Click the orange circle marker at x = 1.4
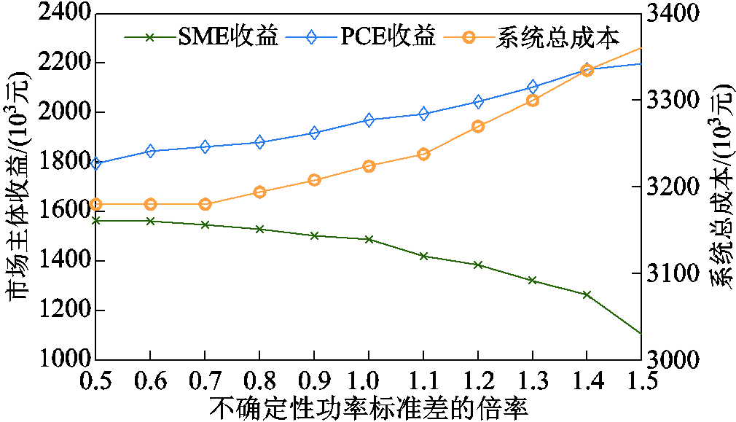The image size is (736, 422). point(587,71)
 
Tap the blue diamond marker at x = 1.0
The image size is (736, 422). point(369,120)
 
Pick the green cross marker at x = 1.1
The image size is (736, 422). point(423,256)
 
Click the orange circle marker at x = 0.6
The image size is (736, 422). point(151,204)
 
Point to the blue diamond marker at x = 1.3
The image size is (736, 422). point(532,87)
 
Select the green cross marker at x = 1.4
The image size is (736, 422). point(587,294)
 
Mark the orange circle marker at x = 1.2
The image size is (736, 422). point(478,126)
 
